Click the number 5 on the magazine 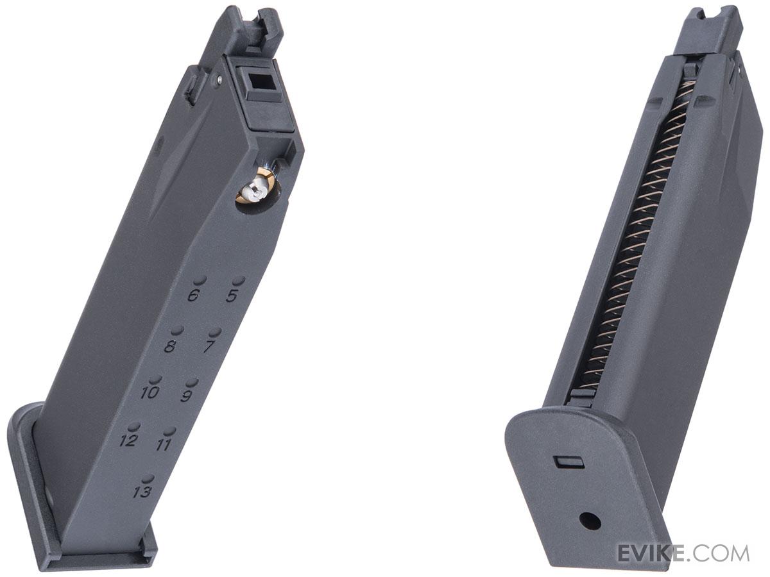(232, 296)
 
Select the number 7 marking (209, 347)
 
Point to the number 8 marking (170, 347)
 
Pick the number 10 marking (149, 392)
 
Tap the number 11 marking (164, 444)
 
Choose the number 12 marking (128, 440)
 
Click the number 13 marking (142, 492)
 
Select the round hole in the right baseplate (590, 520)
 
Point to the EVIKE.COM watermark (683, 553)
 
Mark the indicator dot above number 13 (148, 478)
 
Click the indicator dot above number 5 (238, 281)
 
